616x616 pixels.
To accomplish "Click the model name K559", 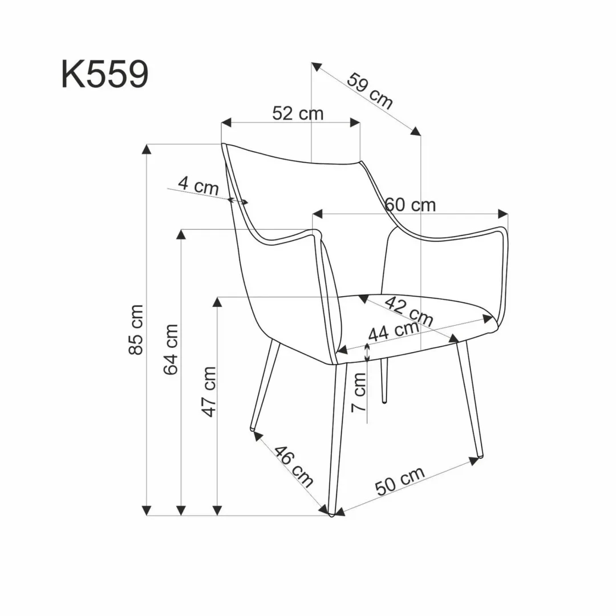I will coord(105,74).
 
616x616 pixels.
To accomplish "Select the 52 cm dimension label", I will coord(298,114).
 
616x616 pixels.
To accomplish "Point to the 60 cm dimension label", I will coord(411,204).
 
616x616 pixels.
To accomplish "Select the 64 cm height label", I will coord(171,348).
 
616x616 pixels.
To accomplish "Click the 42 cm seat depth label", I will coord(408,311).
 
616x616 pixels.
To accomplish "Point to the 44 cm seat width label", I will coord(394,331).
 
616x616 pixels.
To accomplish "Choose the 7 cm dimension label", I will coord(359,392).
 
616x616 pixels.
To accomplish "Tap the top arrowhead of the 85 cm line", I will coord(147,149).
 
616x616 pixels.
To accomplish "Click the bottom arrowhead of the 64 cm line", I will coord(182,510).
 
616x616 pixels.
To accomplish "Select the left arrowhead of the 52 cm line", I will coord(226,122).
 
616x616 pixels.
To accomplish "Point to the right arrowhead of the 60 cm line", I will coord(503,214).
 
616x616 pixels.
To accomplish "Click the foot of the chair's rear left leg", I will coord(253,427).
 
